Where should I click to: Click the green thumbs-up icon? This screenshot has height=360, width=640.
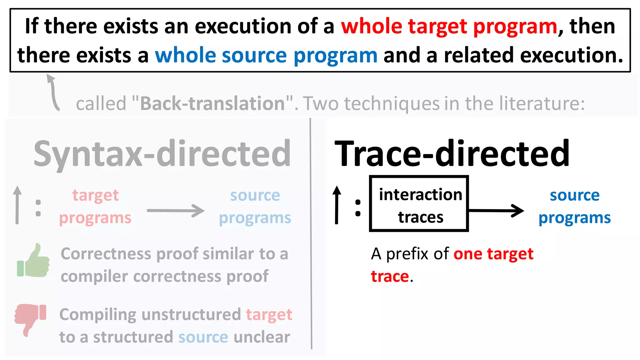[33, 261]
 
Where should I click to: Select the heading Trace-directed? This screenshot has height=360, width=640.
[452, 154]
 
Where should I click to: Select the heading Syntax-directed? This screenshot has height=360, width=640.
[162, 154]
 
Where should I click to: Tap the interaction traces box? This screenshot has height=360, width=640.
[419, 204]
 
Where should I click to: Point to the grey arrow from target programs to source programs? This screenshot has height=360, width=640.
[175, 210]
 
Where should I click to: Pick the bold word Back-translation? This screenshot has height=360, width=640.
[212, 103]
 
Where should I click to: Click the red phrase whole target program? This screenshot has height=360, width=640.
[449, 26]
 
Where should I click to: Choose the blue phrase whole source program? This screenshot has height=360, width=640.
[266, 55]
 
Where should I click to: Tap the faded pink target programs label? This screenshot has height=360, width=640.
[95, 206]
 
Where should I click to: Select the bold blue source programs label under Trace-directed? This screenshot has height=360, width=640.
[574, 206]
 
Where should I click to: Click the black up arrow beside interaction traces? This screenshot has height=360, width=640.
[337, 205]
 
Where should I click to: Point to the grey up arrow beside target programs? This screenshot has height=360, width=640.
[17, 205]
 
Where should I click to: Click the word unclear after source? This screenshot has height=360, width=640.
[262, 337]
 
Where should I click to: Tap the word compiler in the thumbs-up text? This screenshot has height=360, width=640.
[94, 277]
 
